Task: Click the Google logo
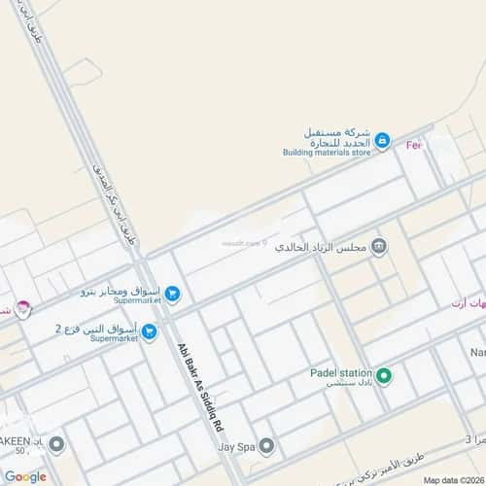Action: [24, 476]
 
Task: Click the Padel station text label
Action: [342, 371]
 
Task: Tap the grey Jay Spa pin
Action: [266, 446]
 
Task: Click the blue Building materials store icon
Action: [382, 142]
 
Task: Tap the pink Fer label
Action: [414, 145]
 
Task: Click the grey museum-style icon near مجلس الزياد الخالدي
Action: [379, 247]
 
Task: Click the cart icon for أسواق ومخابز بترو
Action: [171, 293]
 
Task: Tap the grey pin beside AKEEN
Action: [56, 444]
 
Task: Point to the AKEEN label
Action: [23, 440]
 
